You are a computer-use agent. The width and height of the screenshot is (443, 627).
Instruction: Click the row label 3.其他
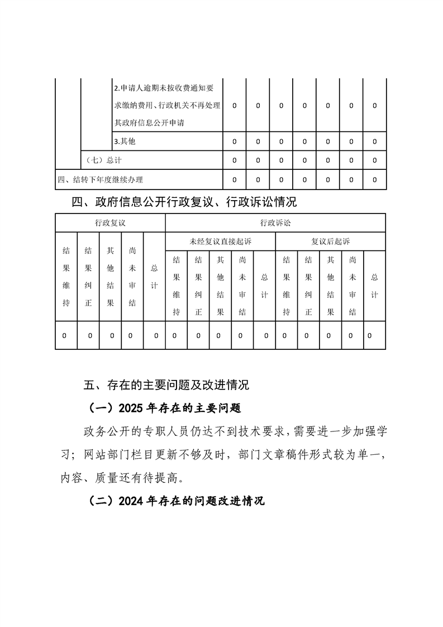(125, 142)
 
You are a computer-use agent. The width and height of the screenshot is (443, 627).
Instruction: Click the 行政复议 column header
(110, 222)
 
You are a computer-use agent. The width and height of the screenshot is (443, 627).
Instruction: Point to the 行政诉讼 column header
(275, 222)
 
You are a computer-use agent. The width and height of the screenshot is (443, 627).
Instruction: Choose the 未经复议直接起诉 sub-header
(220, 241)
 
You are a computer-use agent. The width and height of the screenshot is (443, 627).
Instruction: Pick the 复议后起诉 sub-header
(330, 241)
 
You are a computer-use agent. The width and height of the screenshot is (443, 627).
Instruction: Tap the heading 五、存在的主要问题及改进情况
(166, 385)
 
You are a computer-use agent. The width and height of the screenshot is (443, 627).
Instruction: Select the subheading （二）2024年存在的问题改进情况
(176, 501)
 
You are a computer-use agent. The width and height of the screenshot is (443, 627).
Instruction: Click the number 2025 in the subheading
(131, 408)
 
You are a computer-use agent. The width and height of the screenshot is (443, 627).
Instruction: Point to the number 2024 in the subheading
(131, 501)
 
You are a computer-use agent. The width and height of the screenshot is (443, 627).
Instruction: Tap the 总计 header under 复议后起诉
(374, 286)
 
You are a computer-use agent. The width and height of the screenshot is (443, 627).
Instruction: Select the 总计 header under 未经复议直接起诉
(264, 286)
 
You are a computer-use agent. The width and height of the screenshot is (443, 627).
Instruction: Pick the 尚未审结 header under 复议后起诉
(352, 286)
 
